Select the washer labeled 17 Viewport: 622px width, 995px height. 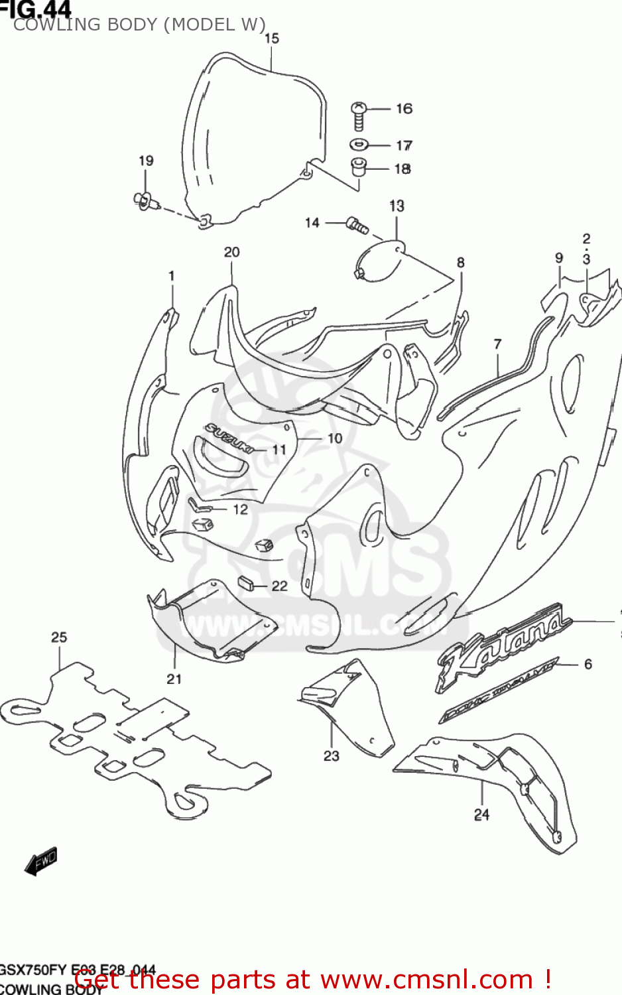pos(359,144)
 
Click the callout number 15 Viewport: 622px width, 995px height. pos(272,38)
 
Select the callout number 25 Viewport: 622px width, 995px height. pos(59,637)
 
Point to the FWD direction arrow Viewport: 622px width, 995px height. pos(41,861)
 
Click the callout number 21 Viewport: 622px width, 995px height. pos(174,679)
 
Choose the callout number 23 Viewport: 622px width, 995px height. pos(332,756)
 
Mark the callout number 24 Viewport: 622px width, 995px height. pos(482,814)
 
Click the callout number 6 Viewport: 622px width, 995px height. pos(588,664)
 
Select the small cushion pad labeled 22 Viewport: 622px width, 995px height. pos(247,583)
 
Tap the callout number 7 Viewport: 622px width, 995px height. pos(497,344)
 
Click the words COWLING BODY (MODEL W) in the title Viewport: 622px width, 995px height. pos(139,25)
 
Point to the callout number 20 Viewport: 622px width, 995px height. pos(231,252)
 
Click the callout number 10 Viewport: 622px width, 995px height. pos(335,438)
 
